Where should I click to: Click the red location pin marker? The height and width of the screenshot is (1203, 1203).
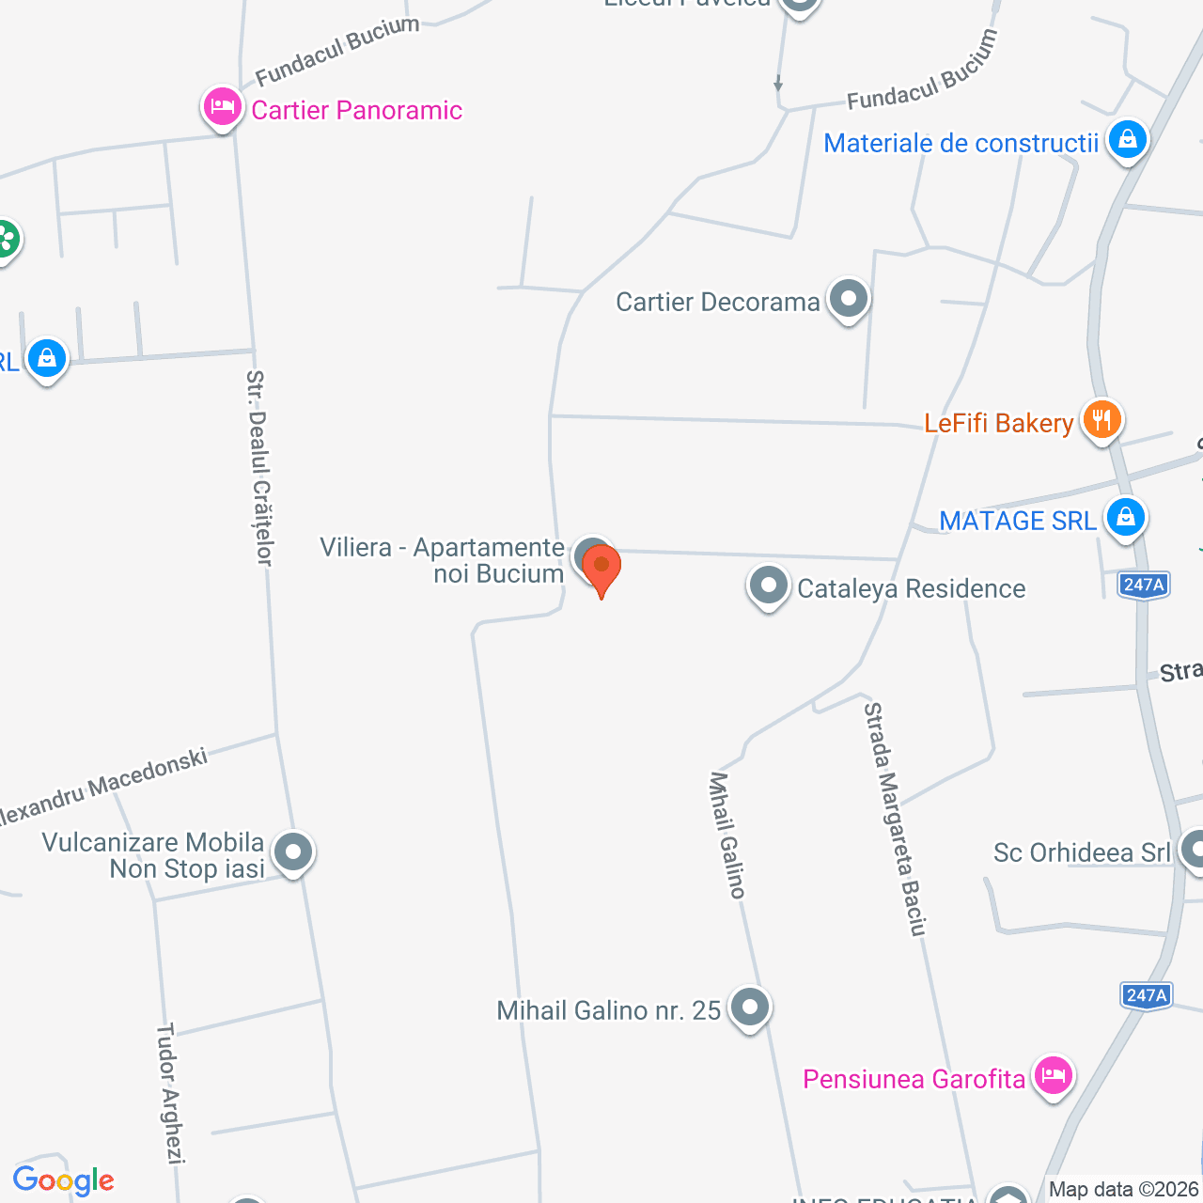[x=601, y=570]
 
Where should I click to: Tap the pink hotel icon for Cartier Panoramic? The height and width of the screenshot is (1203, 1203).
[x=222, y=107]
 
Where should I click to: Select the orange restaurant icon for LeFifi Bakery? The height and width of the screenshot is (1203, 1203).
[x=1101, y=419]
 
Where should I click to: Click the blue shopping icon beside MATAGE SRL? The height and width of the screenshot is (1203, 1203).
[x=1125, y=517]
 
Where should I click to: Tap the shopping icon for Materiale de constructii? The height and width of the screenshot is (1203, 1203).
[x=1127, y=141]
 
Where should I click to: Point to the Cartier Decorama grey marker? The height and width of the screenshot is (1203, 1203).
[x=849, y=300]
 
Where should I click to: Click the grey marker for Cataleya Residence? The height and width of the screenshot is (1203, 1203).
[x=768, y=586]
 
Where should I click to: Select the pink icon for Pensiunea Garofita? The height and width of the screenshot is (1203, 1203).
[x=1053, y=1074]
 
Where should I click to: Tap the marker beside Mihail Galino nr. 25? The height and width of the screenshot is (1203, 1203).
[x=749, y=1008]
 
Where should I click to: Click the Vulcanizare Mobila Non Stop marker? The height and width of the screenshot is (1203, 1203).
[x=293, y=852]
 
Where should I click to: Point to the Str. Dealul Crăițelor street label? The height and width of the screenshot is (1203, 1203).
[x=258, y=467]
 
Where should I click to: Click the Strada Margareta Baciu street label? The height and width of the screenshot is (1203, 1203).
[x=896, y=819]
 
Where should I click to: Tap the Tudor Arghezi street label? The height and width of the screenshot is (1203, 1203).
[x=169, y=1094]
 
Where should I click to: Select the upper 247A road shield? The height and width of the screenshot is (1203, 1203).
[x=1144, y=585]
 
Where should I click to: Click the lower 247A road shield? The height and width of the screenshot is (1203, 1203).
[x=1146, y=995]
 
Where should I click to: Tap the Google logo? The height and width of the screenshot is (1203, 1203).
[x=63, y=1180]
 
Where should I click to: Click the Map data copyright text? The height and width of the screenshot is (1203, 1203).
[x=1124, y=1190]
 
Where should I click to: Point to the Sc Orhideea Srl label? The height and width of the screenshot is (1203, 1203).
[x=1082, y=852]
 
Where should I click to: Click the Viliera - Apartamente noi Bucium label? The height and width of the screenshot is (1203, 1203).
[x=442, y=560]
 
